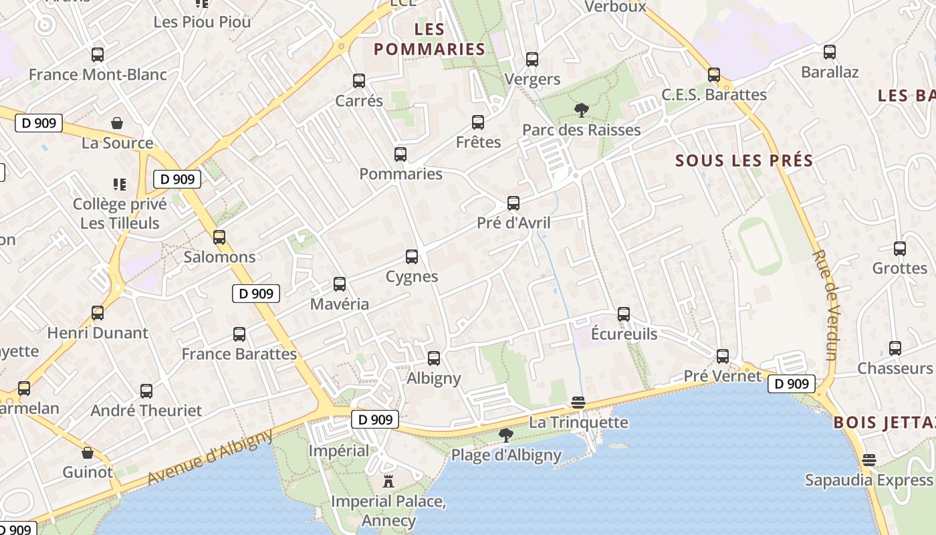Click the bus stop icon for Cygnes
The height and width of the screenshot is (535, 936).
tap(412, 257)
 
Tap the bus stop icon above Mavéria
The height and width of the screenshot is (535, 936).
tap(340, 284)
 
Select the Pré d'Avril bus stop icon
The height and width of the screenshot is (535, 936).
tap(513, 203)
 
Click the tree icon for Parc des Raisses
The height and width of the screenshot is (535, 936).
tap(582, 110)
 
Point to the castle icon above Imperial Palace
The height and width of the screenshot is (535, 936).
tap(388, 481)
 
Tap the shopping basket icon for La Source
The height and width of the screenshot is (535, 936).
tap(117, 123)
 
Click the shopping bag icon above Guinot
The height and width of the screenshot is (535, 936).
tap(88, 453)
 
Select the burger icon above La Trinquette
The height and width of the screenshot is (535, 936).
tap(578, 403)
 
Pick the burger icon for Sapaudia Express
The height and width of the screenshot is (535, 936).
tap(868, 460)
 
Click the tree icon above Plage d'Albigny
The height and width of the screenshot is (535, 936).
tap(506, 435)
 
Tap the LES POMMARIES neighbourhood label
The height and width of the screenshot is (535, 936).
tap(429, 39)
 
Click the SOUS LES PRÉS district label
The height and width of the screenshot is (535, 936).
tap(744, 160)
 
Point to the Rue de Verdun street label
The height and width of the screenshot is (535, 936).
tap(825, 305)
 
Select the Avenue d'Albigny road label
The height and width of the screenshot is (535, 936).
tap(211, 457)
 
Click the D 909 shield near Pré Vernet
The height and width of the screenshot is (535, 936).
tap(792, 384)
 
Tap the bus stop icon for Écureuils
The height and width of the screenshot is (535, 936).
tap(624, 314)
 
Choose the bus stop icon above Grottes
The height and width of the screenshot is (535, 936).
tap(900, 249)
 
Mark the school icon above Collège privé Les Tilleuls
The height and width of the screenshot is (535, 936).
tap(120, 184)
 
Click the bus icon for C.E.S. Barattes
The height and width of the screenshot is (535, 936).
tap(714, 75)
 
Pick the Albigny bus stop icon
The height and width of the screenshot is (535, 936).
tap(434, 358)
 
